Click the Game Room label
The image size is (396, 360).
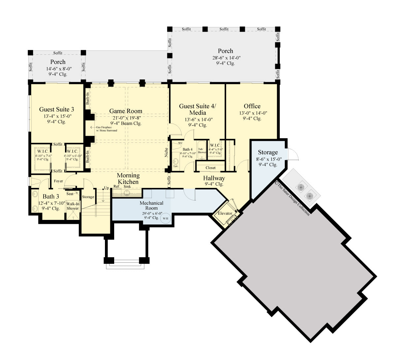click(x=126, y=111)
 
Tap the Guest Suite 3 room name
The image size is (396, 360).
click(x=56, y=109)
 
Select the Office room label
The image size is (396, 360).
click(x=252, y=106)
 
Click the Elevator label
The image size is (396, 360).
click(x=225, y=213)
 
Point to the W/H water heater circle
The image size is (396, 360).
click(x=165, y=218)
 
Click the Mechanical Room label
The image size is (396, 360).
click(x=151, y=206)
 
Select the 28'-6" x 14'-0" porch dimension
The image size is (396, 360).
click(x=226, y=58)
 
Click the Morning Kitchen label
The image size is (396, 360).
click(x=128, y=179)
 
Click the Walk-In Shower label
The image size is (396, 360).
click(x=73, y=206)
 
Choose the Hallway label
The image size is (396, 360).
click(x=214, y=178)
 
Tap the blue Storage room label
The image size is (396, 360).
click(x=268, y=152)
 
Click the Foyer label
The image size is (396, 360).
click(x=58, y=181)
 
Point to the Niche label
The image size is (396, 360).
click(x=167, y=152)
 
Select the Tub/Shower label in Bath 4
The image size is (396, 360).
click(x=202, y=151)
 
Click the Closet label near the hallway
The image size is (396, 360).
click(x=211, y=168)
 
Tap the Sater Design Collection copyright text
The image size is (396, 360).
click(x=293, y=198)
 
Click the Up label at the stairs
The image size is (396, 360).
click(x=106, y=188)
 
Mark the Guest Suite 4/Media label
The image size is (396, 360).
click(x=197, y=109)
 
